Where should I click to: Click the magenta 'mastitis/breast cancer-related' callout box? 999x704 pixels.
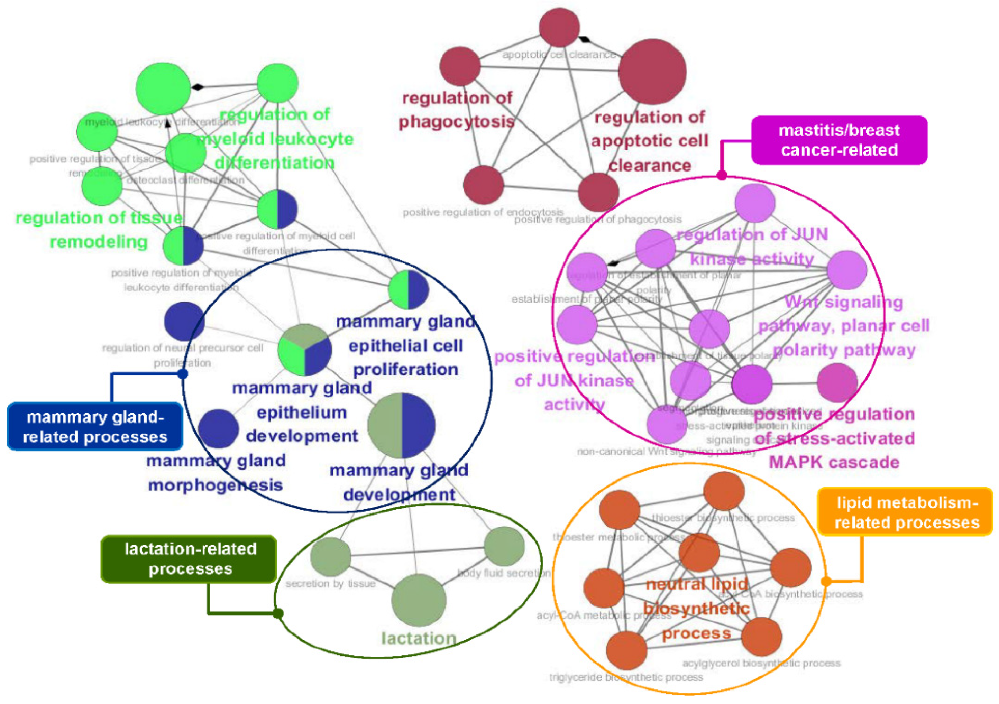(x=839, y=140)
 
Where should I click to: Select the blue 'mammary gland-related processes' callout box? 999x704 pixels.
(x=95, y=427)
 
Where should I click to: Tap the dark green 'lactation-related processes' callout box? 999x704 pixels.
(x=190, y=559)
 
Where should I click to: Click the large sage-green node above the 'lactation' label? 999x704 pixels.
(x=419, y=600)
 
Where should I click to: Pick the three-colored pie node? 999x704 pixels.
(x=304, y=350)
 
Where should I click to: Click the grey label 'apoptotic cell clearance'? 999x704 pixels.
(x=559, y=55)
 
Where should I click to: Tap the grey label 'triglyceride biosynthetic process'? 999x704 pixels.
(x=626, y=677)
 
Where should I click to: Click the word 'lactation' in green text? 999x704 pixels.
(x=419, y=638)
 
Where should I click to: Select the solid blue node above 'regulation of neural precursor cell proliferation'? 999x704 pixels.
(x=184, y=321)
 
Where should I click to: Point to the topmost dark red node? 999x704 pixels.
(x=560, y=27)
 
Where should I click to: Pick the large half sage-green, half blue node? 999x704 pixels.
(x=401, y=426)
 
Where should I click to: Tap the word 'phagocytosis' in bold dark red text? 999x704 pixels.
(x=456, y=122)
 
